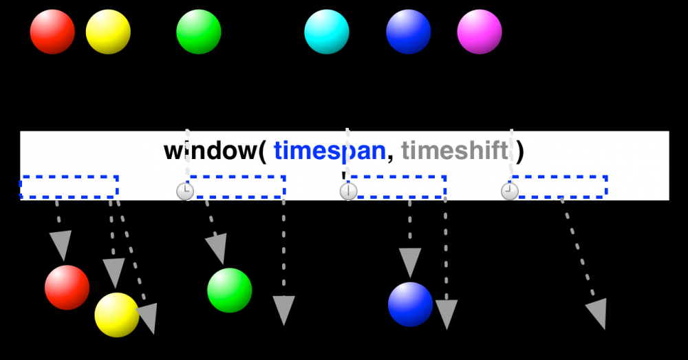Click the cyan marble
click(x=327, y=32)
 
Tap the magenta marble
click(x=480, y=32)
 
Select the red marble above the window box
click(x=52, y=32)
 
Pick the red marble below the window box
click(x=67, y=287)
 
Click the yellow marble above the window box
click(x=108, y=32)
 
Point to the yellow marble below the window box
click(x=117, y=315)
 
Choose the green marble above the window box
click(x=199, y=32)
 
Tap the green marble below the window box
click(x=230, y=290)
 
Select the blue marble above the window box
click(x=409, y=32)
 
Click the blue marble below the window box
click(x=411, y=304)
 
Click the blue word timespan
click(x=329, y=151)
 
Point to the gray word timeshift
click(x=455, y=151)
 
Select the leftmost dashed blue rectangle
click(x=69, y=187)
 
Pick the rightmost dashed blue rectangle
click(x=559, y=187)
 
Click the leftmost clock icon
click(x=184, y=191)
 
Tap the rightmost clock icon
click(x=509, y=191)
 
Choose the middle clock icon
click(x=348, y=191)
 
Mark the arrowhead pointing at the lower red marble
click(x=61, y=245)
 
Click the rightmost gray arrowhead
click(x=596, y=313)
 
